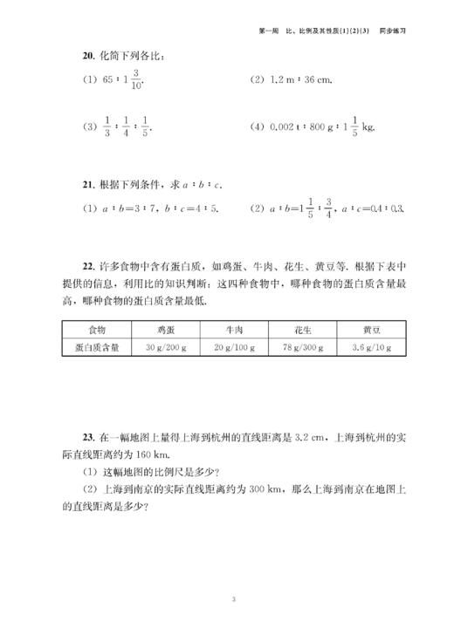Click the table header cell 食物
[x=96, y=330]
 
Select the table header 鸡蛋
[x=166, y=330]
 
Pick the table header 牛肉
[x=235, y=330]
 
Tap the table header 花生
[x=302, y=330]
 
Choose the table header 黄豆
[x=372, y=330]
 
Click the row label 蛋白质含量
[x=96, y=347]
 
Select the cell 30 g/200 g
[x=166, y=347]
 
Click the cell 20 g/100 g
[x=235, y=347]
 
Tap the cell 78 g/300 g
[x=302, y=347]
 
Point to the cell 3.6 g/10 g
[x=372, y=347]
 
